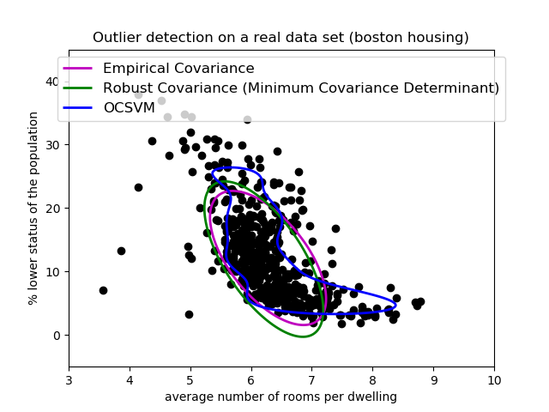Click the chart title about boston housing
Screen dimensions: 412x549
pos(281,38)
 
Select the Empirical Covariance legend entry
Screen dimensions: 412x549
pos(178,69)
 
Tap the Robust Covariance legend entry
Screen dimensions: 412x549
pos(300,88)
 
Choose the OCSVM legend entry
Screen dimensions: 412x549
pos(129,108)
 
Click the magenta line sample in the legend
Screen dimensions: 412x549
pos(78,69)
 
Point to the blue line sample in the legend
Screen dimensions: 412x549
pos(78,108)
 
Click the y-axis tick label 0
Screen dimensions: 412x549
pos(56,336)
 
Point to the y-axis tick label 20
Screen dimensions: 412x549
pos(52,209)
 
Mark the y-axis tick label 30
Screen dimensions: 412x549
pos(52,145)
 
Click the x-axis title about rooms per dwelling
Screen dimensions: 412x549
pos(281,397)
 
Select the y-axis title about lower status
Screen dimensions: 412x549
pos(33,209)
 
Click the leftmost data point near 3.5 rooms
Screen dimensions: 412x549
pos(103,290)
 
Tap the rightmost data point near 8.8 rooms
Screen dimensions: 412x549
pos(420,302)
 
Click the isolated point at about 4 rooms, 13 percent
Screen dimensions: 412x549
pos(121,251)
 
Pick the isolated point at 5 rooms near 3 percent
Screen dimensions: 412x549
pos(189,314)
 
